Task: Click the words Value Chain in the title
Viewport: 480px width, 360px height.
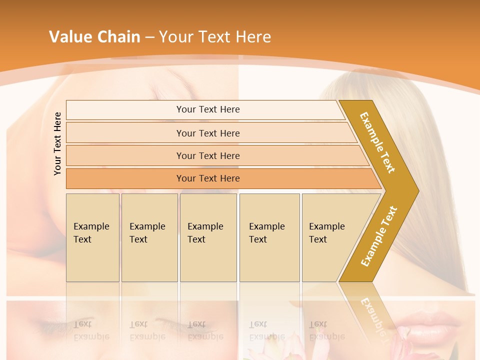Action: [x=94, y=36]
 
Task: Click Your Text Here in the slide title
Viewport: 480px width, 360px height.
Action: [x=215, y=36]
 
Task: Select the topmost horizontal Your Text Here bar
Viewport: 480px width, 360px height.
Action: [x=208, y=109]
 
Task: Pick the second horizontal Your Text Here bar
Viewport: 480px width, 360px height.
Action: [x=208, y=133]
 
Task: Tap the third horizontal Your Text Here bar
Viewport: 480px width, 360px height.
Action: [x=208, y=155]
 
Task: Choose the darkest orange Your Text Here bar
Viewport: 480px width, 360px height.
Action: [x=208, y=178]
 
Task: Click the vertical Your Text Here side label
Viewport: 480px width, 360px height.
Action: [x=57, y=143]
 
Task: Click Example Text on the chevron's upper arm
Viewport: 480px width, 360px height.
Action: [x=377, y=142]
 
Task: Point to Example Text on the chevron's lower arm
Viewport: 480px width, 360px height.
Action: [x=378, y=236]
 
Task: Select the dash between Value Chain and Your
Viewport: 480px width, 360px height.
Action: [x=149, y=37]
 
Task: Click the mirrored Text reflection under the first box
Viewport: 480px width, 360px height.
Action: [x=82, y=324]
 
